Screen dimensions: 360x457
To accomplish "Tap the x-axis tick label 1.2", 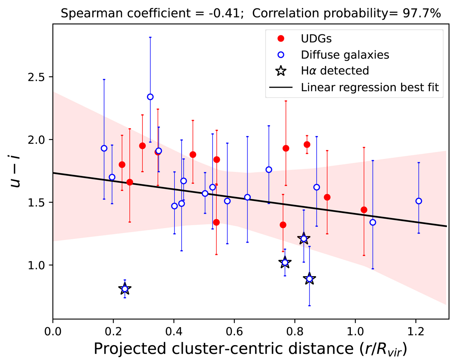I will tap(415, 328).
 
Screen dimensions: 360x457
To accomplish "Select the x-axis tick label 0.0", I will tap(53, 328).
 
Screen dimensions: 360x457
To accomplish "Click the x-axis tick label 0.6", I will tap(234, 328).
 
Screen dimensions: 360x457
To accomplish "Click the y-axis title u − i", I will tap(16, 178).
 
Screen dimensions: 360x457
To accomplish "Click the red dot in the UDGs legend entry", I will tap(281, 38).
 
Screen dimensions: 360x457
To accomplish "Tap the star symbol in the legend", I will tap(281, 71).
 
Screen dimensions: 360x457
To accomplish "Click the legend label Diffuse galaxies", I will tap(345, 54).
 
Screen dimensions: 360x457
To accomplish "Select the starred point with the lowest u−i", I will tap(125, 289).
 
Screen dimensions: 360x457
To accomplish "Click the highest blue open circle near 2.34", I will tap(150, 97).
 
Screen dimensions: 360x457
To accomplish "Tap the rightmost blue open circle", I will tap(419, 201).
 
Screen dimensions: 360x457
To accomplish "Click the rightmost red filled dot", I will tap(364, 210).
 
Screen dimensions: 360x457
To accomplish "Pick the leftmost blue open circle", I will tap(104, 148).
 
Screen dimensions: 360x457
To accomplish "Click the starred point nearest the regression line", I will tap(304, 239).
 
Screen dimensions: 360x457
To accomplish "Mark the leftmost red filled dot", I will tap(122, 165).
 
